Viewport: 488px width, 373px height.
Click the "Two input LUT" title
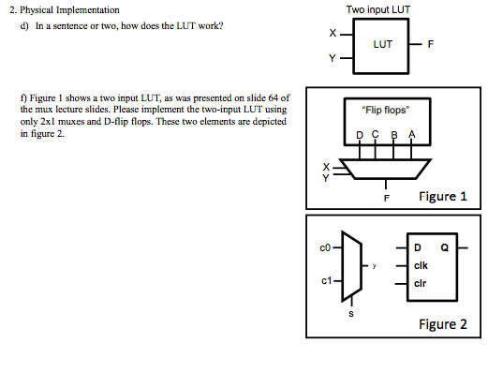point(378,10)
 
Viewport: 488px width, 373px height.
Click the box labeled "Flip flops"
point(383,111)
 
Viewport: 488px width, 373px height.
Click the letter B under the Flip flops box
point(393,135)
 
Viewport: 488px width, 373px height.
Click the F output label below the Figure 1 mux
point(385,198)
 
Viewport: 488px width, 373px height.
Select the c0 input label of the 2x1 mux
point(325,247)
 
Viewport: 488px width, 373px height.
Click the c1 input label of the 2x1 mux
point(325,281)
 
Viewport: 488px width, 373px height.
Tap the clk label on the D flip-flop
point(422,265)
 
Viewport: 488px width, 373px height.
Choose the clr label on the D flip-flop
point(421,282)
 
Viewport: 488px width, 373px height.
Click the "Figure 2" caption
point(442,324)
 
